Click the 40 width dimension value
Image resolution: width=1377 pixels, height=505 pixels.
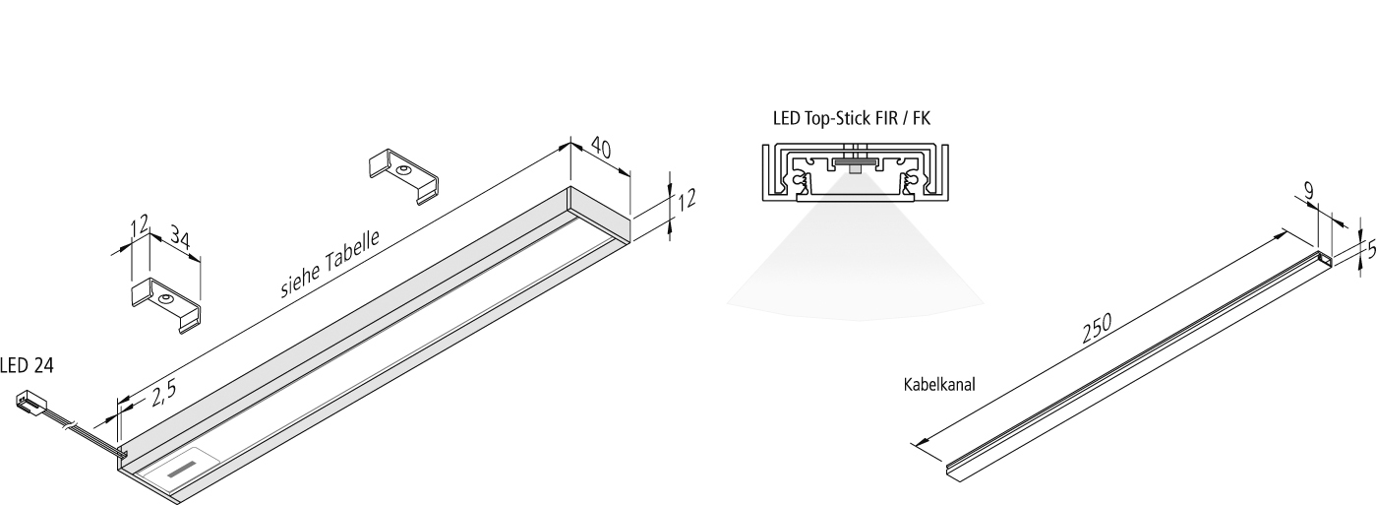coord(601,151)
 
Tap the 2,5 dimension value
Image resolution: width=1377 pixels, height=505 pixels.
coord(163,394)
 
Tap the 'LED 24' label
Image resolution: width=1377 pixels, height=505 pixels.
coord(27,366)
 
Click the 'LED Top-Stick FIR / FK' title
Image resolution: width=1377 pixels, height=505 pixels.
coord(852,119)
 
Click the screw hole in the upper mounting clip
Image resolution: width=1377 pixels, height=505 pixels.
coord(403,169)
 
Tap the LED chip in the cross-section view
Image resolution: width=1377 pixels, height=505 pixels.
coord(851,163)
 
